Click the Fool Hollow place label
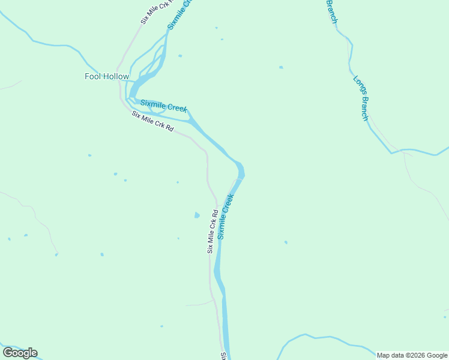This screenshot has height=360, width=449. point(107,77)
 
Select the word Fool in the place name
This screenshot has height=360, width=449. point(92,77)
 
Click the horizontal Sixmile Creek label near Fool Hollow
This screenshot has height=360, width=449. point(164,106)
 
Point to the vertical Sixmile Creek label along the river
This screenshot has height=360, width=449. point(225,215)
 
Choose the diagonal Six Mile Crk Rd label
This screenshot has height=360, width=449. point(153,122)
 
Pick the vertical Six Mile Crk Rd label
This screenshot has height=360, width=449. point(212,231)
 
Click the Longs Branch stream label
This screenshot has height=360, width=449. point(360,98)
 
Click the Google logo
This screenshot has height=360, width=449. point(20,353)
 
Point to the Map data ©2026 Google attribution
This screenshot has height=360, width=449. point(412,355)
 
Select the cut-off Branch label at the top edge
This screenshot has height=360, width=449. point(331,11)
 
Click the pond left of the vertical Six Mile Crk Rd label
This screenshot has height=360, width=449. point(197,215)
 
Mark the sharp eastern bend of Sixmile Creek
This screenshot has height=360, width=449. point(241,170)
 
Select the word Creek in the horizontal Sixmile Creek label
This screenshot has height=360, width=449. point(177,108)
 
